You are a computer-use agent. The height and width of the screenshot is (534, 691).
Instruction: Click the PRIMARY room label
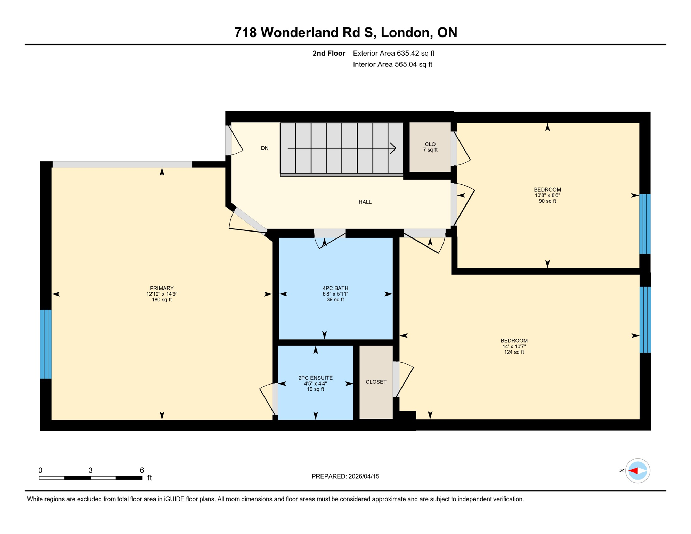[x=162, y=288]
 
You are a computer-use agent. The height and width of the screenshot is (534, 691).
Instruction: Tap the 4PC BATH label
[x=335, y=288]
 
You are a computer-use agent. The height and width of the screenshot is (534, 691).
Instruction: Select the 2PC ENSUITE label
[x=315, y=378]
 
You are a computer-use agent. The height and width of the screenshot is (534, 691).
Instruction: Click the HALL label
[x=365, y=202]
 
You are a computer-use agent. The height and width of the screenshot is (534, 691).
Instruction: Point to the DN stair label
[x=265, y=148]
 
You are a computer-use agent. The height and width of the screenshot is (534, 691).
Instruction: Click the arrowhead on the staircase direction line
[x=393, y=148]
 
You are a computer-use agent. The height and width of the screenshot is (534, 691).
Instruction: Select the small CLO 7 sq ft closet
[x=430, y=147]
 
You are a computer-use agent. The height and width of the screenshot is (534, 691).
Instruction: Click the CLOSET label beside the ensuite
[x=376, y=382]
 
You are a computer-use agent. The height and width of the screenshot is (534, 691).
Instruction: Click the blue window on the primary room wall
[x=46, y=344]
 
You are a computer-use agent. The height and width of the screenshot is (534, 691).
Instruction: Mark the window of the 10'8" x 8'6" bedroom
[x=645, y=224]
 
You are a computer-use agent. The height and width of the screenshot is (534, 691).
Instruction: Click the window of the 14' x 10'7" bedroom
[x=645, y=319]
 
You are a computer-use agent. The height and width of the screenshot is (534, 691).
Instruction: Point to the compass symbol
[x=637, y=471]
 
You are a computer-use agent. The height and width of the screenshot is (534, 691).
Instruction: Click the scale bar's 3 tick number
[x=90, y=470]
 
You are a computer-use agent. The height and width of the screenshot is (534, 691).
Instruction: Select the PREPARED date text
[x=345, y=476]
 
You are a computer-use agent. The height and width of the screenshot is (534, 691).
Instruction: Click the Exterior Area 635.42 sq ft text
[x=393, y=53]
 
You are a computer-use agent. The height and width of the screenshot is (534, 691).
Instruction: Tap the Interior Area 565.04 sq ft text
[x=392, y=64]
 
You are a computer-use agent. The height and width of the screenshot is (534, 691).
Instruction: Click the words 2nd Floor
[x=328, y=53]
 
